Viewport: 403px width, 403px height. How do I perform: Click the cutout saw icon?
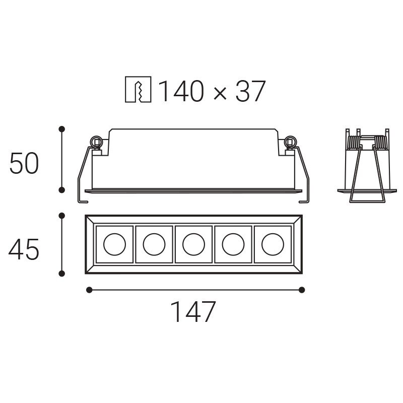(138, 90)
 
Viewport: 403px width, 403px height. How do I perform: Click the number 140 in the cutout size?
(182, 91)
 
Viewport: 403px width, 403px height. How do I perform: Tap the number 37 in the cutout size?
(250, 91)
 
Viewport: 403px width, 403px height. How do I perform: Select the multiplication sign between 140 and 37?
(220, 93)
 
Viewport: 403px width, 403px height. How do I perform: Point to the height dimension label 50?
(24, 163)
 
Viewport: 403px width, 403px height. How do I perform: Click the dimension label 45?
(24, 249)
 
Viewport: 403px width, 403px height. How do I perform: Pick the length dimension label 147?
(193, 311)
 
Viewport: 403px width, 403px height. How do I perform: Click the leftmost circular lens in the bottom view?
(115, 244)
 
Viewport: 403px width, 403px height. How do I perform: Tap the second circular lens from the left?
(154, 244)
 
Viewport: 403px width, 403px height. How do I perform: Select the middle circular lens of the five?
(194, 244)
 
